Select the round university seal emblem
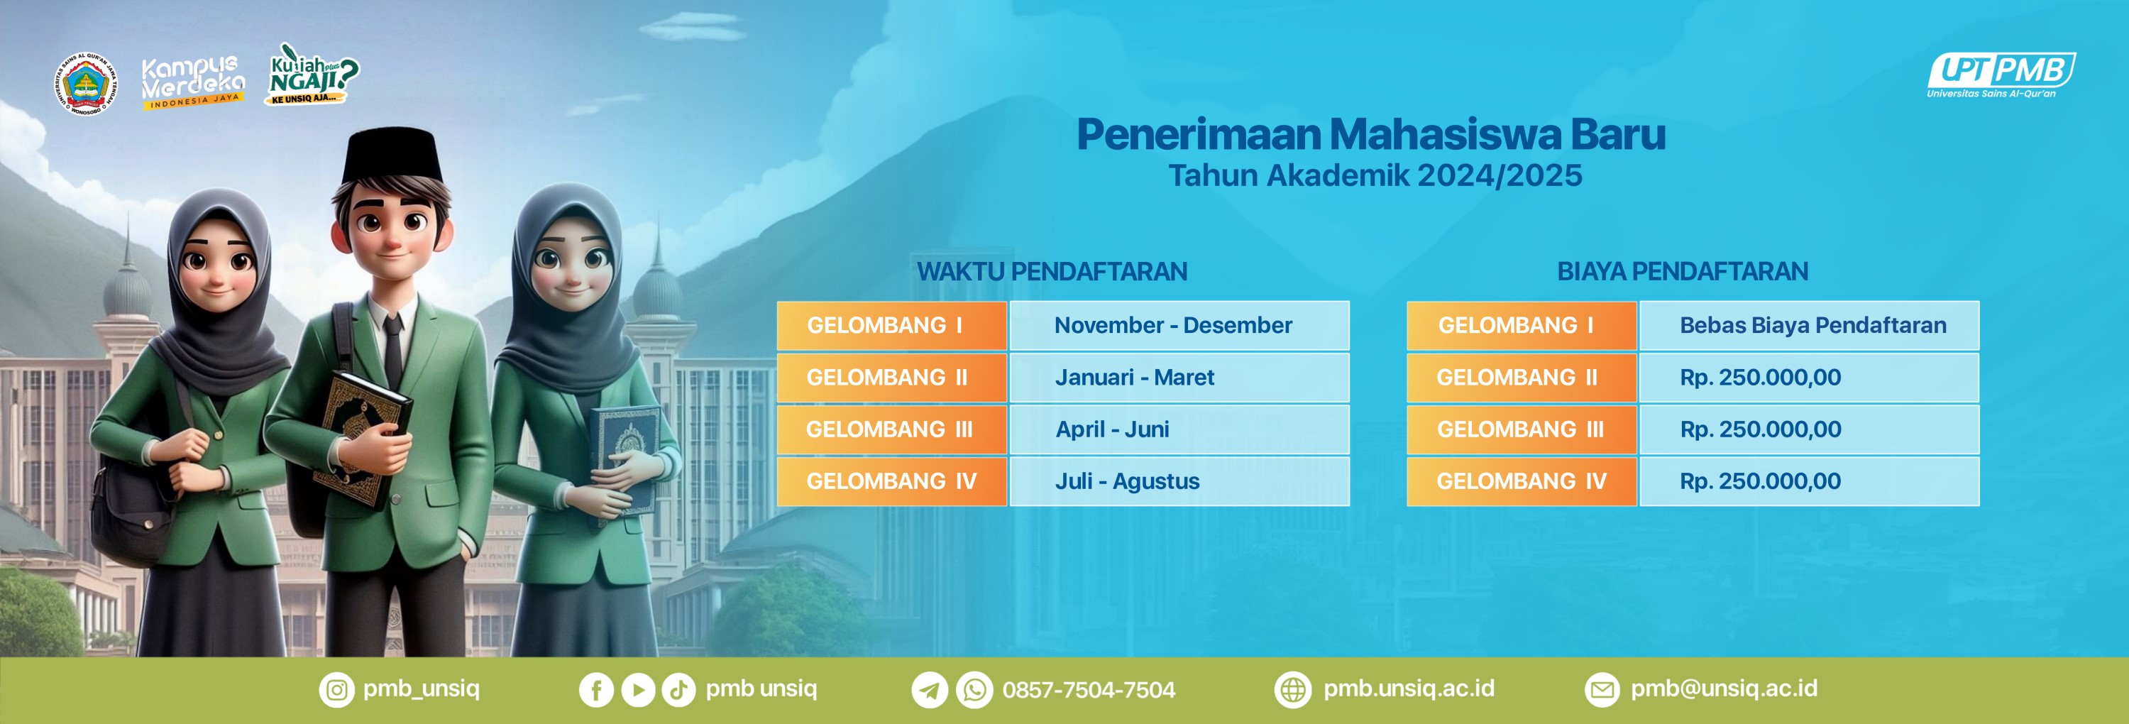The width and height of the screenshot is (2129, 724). (x=86, y=84)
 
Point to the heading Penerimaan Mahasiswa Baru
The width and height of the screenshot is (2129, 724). (x=1371, y=134)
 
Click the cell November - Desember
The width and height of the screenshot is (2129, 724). (x=1179, y=326)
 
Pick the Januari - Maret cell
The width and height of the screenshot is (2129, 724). (x=1179, y=378)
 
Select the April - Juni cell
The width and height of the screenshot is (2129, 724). (x=1179, y=429)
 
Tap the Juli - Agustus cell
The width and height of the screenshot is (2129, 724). (x=1179, y=481)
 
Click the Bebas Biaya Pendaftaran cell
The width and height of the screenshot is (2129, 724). (x=1809, y=326)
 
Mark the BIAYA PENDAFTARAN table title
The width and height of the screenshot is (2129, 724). (x=1683, y=271)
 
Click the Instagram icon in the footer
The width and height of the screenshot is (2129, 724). (x=336, y=690)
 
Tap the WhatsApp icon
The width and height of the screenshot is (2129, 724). (x=974, y=690)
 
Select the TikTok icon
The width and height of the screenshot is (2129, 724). (x=678, y=690)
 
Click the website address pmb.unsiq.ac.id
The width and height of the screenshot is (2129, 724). (x=1408, y=689)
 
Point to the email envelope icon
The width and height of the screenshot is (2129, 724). (x=1602, y=690)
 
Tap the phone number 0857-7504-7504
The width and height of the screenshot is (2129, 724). (x=1089, y=690)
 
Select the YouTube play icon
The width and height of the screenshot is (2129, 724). (x=638, y=690)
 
